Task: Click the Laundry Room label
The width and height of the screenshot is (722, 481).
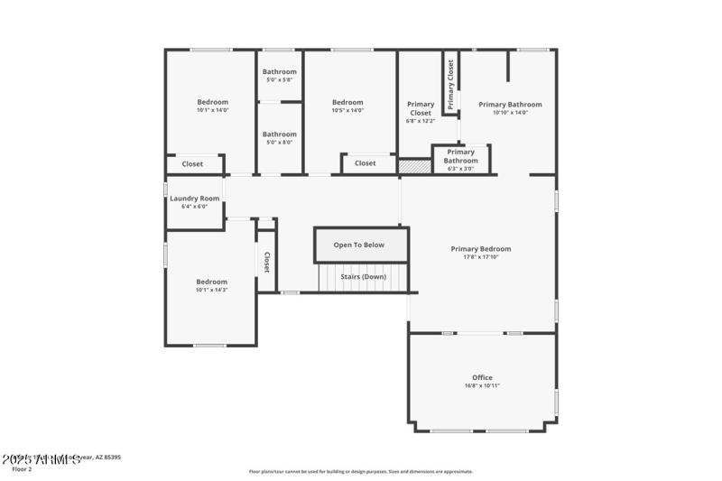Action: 194,199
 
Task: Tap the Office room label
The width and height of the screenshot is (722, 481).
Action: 482,377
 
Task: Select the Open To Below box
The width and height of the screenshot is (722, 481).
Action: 359,245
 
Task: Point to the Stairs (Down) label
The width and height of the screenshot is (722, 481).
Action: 362,276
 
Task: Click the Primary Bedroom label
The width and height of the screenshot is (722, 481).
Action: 481,249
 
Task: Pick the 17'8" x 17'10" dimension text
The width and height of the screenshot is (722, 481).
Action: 481,257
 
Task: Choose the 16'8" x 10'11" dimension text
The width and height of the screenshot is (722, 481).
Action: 482,385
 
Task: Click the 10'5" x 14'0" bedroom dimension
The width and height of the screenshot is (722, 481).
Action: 347,110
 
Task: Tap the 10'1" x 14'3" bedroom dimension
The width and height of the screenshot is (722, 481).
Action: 212,290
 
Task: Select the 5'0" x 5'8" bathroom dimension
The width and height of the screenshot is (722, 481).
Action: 280,80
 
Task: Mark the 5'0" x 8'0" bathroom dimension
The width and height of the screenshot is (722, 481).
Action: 280,142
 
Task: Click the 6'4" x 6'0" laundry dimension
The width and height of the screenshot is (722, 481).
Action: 194,207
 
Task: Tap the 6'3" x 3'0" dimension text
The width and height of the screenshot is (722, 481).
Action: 460,169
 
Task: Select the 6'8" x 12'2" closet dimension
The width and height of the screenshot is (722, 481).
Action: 421,120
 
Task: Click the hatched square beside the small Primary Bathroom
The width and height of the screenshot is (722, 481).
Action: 415,167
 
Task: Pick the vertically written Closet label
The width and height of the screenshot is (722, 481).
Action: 267,262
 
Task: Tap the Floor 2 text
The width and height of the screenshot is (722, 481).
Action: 22,469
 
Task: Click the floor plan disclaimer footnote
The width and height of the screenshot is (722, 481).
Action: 361,471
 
